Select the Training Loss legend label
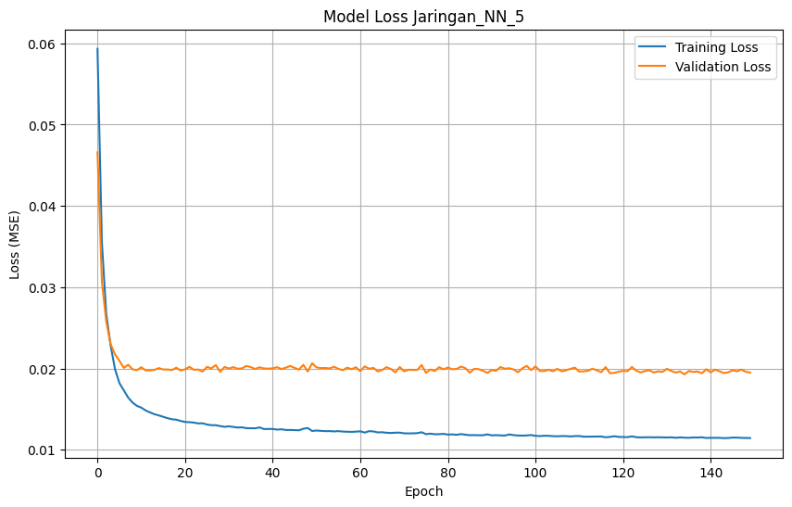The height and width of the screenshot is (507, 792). click(x=716, y=47)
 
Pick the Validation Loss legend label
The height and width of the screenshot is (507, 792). click(x=723, y=67)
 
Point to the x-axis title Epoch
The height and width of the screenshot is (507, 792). click(x=423, y=491)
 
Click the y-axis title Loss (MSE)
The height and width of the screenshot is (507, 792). click(x=16, y=247)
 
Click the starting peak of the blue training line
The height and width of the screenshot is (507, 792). click(x=97, y=49)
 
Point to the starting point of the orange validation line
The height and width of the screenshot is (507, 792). click(x=97, y=152)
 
